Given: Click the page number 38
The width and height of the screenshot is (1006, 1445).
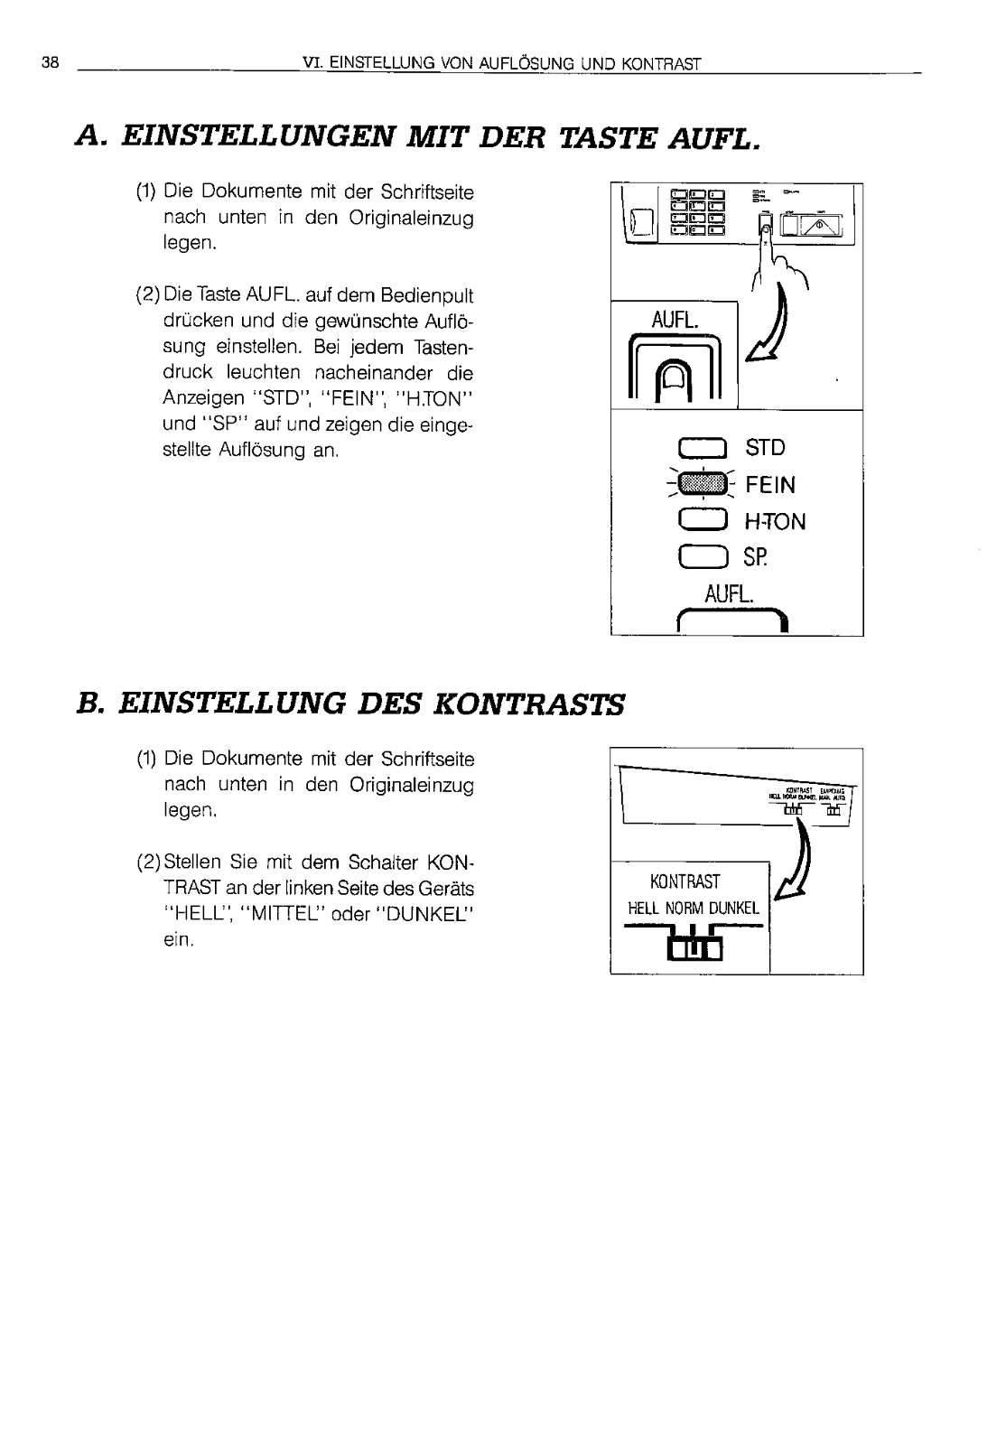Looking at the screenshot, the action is [x=50, y=63].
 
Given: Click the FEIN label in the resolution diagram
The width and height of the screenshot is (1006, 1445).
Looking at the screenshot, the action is [x=770, y=486].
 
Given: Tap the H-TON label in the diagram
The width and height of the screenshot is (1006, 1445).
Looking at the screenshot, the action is [x=775, y=522].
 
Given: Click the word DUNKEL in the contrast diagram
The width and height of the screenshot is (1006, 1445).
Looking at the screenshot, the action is [x=734, y=909].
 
